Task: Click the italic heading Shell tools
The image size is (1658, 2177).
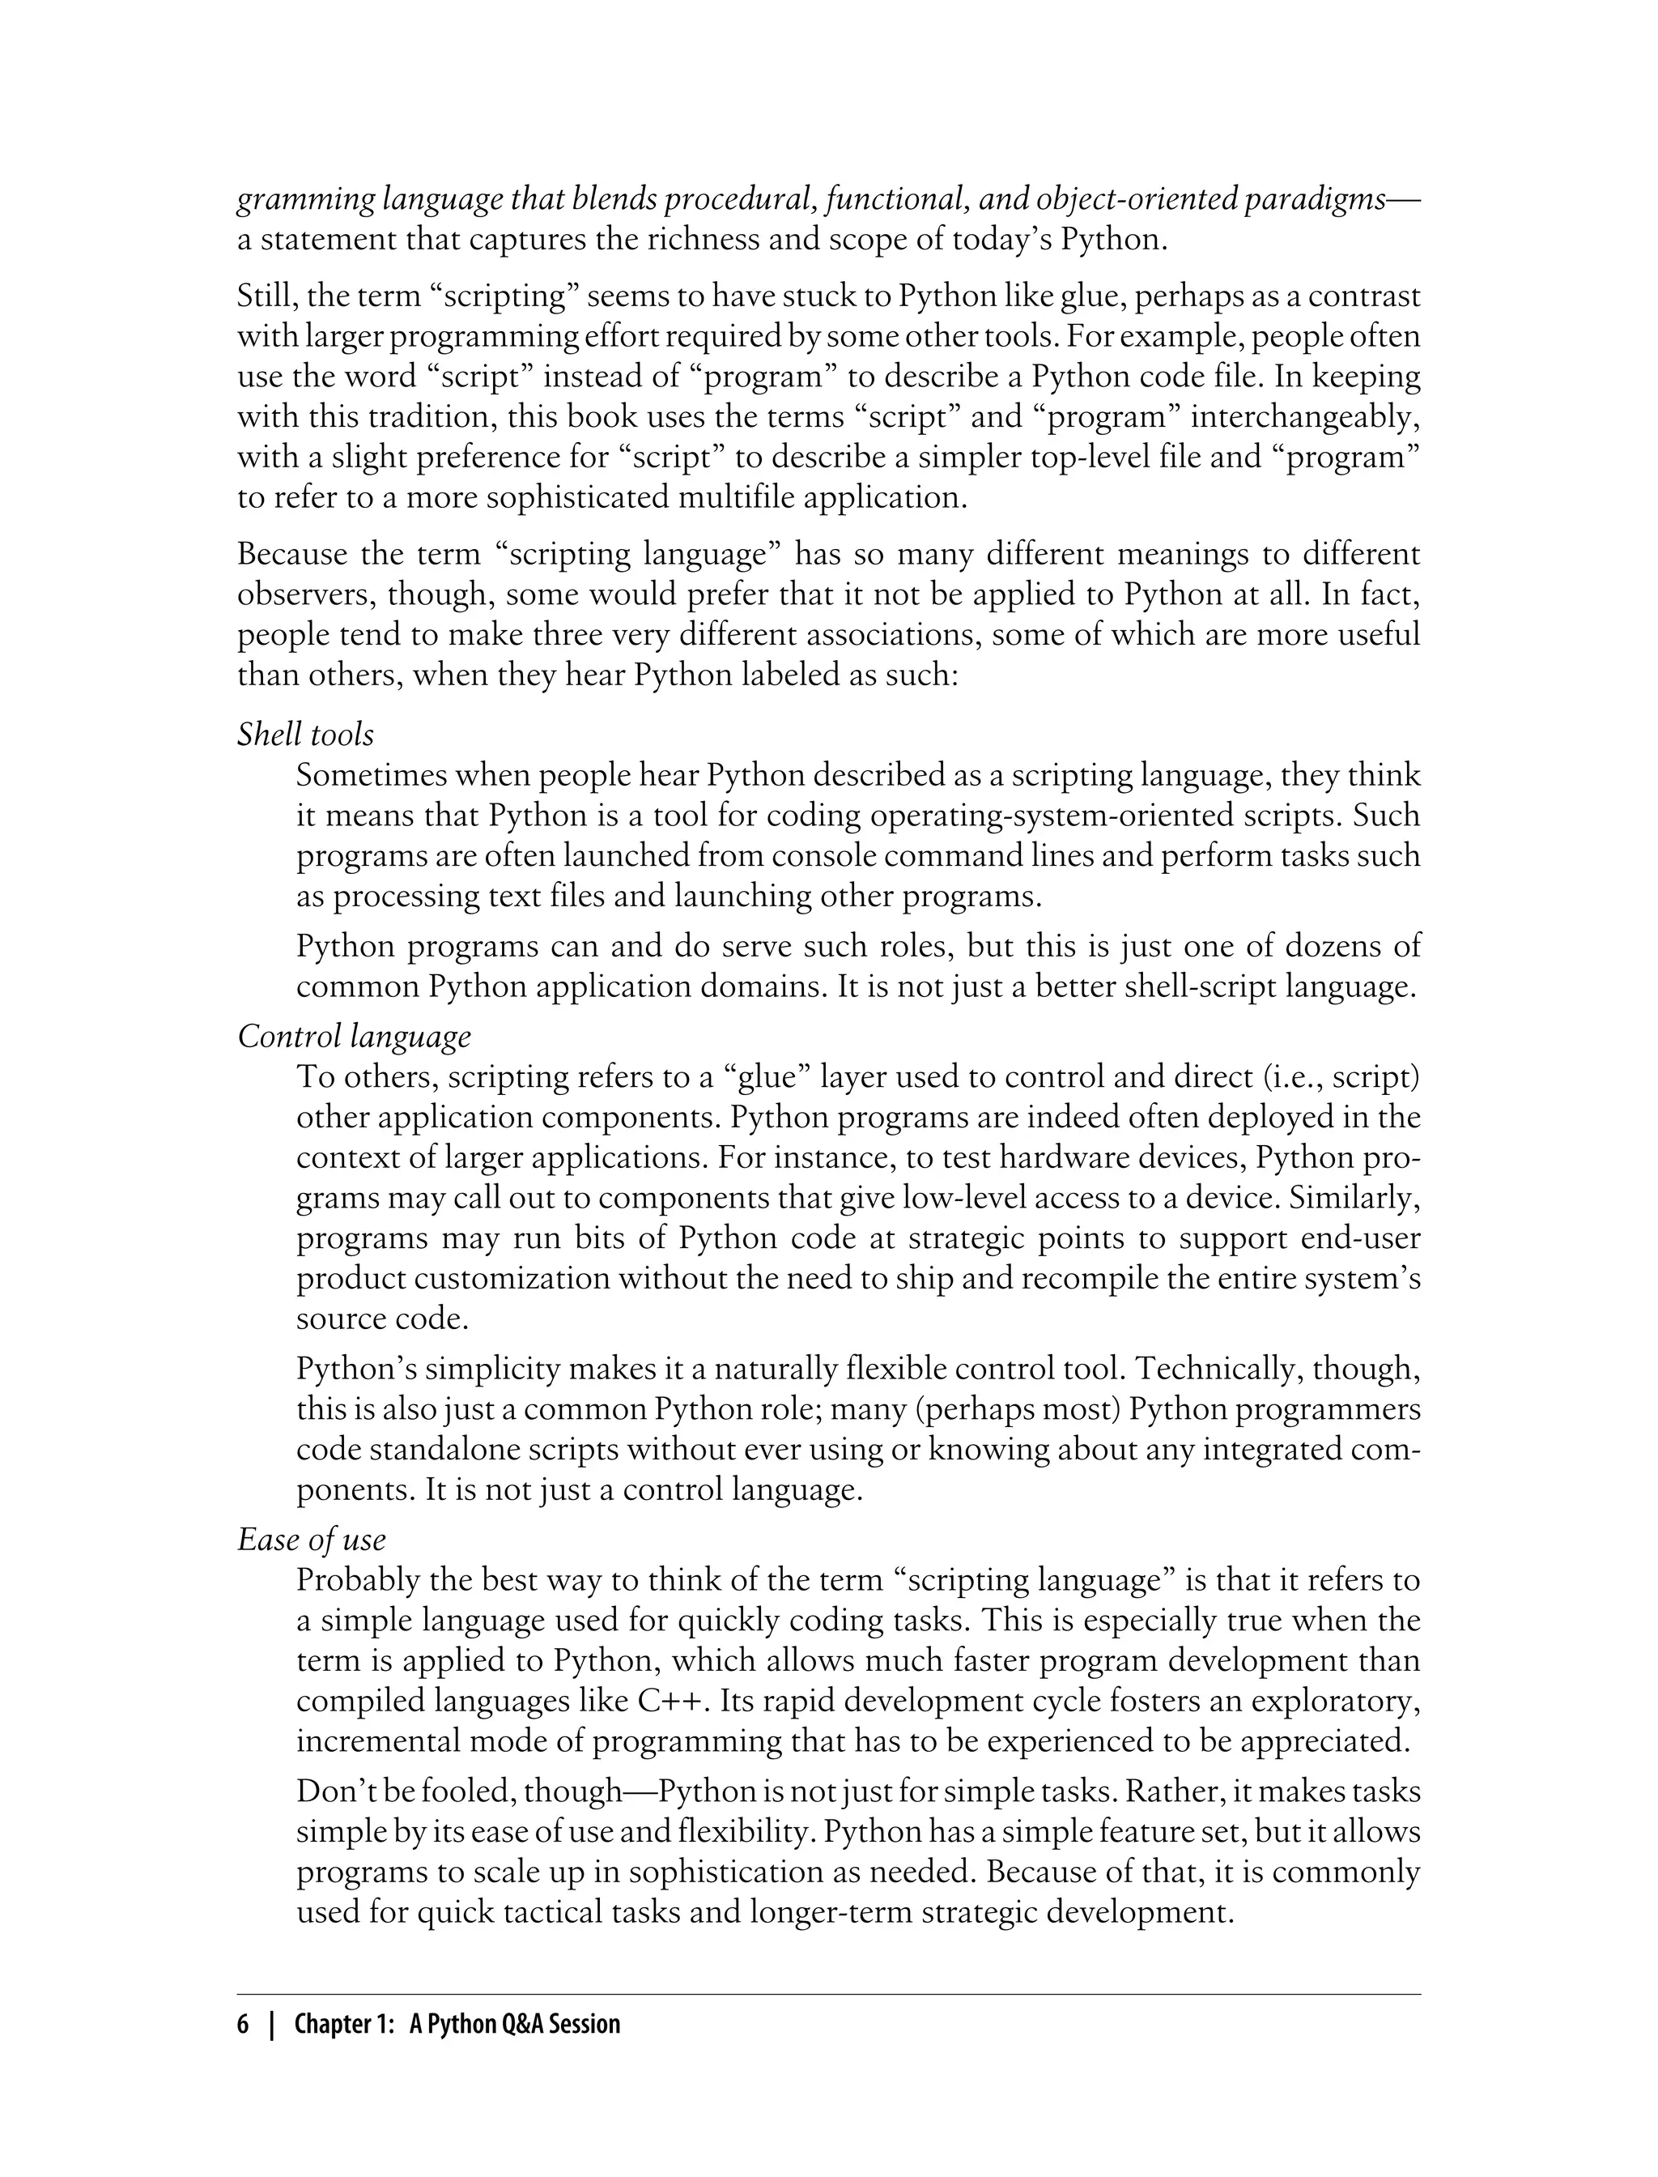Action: point(305,735)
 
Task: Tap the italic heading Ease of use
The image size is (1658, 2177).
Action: point(311,1540)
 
